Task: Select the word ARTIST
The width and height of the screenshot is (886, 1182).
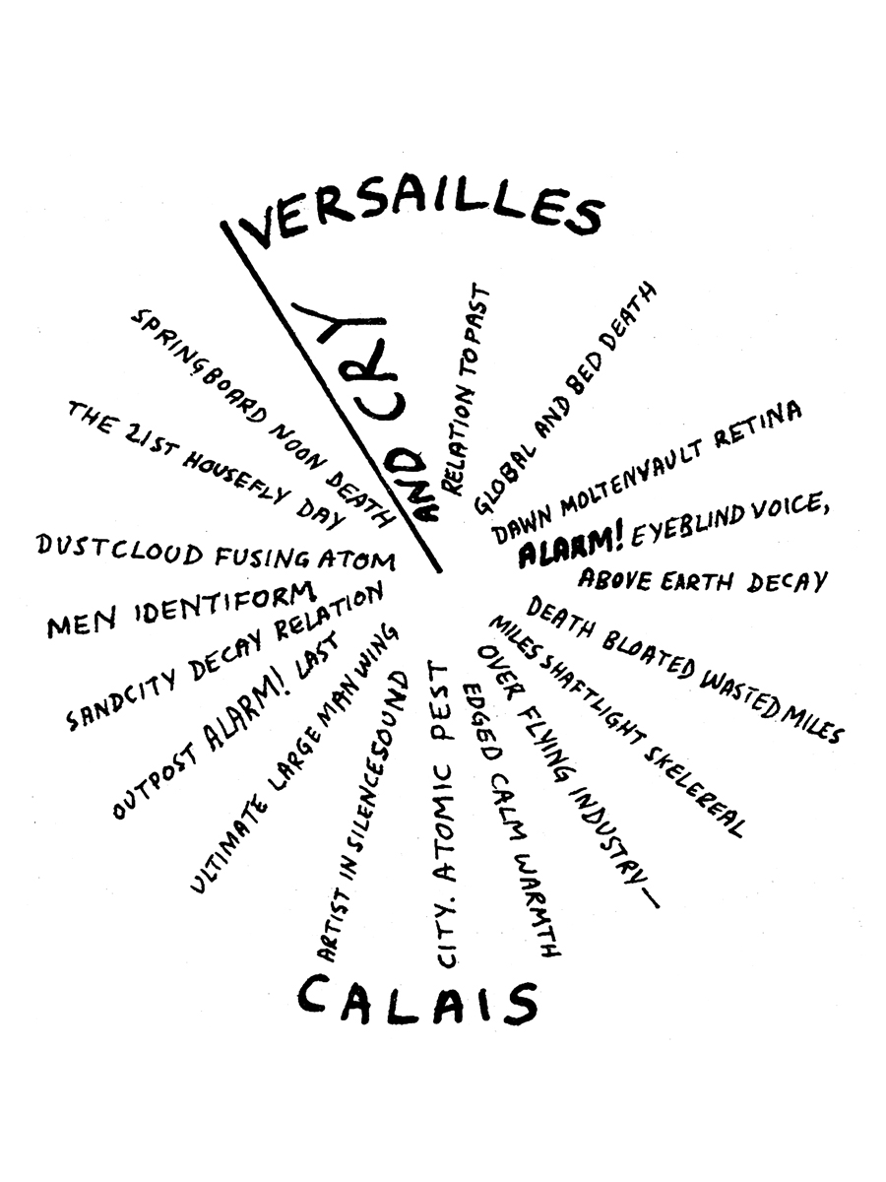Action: [x=329, y=915]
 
